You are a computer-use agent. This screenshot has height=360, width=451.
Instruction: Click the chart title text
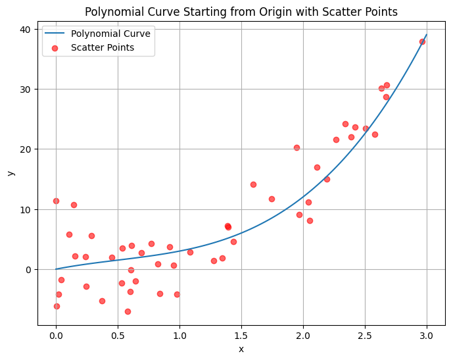pos(241,12)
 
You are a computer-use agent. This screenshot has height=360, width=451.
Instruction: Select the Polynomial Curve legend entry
pos(110,33)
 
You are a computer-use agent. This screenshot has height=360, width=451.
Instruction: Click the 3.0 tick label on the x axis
pos(427,336)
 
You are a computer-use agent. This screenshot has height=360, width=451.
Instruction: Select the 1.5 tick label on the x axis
pos(241,336)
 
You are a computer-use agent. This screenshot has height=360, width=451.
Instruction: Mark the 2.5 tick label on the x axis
pos(365,336)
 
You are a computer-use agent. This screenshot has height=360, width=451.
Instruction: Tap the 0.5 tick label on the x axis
pos(118,336)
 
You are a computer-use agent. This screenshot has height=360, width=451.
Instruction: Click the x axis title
pos(241,349)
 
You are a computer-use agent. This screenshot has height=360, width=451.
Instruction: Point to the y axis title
pos(11,172)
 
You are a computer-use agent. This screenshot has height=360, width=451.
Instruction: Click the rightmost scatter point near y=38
pos(422,41)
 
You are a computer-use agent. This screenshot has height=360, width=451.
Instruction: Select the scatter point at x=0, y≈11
pos(56,201)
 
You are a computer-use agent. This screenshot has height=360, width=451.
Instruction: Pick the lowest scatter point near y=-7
pos(128,311)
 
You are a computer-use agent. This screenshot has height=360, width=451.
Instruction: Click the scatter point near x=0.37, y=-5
pos(102,301)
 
